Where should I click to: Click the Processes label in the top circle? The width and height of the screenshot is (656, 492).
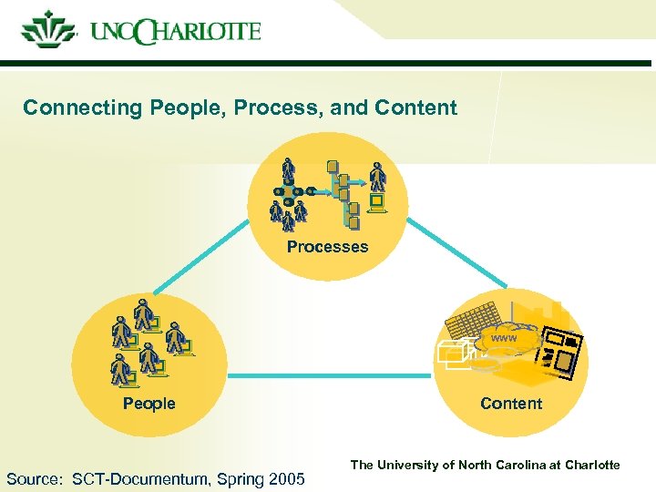(x=327, y=247)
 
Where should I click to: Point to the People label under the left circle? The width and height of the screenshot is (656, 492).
(x=149, y=404)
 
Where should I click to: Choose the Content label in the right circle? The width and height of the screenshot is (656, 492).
(x=510, y=404)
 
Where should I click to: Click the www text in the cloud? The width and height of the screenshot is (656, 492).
(x=503, y=339)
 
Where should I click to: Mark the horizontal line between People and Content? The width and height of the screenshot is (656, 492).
(x=328, y=375)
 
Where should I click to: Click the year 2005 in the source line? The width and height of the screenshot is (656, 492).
(x=286, y=479)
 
